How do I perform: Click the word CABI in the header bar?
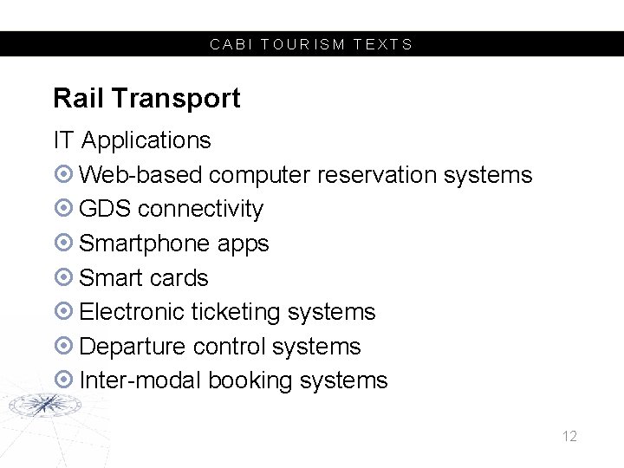[x=226, y=44]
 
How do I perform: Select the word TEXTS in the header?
[x=383, y=44]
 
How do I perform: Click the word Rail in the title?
[x=78, y=99]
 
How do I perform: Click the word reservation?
[x=377, y=175]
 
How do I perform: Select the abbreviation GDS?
[x=105, y=209]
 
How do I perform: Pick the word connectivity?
[x=200, y=209]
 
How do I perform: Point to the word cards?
[x=179, y=278]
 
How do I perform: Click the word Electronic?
[x=132, y=312]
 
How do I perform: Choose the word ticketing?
[x=236, y=313]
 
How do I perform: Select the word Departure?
[x=133, y=347]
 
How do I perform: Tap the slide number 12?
[x=569, y=436]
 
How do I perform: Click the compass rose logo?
[x=42, y=404]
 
